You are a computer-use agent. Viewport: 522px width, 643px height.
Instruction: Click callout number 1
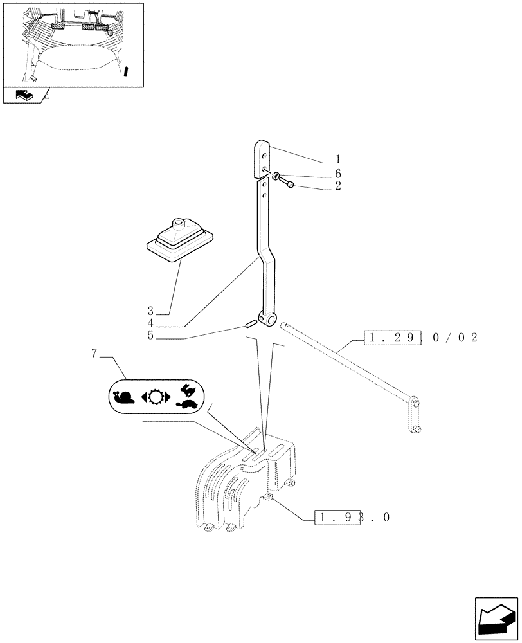click(339, 159)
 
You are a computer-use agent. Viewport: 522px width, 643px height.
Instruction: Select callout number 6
click(339, 174)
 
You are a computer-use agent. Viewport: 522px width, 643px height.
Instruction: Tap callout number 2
click(339, 186)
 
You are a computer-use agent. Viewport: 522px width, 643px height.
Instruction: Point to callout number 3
click(150, 311)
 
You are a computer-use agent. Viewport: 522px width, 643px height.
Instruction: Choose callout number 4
click(150, 323)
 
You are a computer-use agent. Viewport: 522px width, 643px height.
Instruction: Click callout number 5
click(150, 335)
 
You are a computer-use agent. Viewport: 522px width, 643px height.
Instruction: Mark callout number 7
click(94, 354)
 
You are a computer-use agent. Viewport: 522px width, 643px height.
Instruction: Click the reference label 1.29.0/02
click(421, 337)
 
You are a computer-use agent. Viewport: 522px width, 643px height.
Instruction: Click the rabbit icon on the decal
click(187, 389)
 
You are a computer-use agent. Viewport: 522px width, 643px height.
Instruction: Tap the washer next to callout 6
click(276, 176)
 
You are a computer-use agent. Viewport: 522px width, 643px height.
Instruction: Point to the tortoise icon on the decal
click(187, 404)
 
